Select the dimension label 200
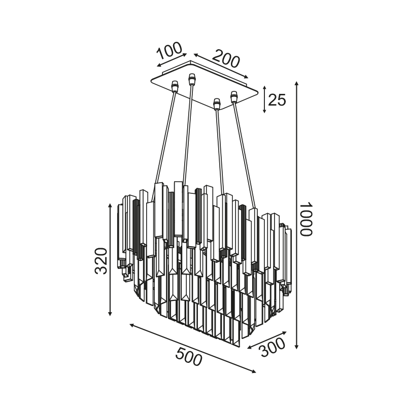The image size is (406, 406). click(226, 59)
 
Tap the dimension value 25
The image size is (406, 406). click(277, 100)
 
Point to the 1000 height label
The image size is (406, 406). click(307, 219)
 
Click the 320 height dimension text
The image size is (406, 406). click(100, 261)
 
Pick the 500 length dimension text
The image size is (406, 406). click(188, 357)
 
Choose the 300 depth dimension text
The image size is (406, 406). click(273, 348)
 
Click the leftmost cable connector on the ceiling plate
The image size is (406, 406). click(175, 86)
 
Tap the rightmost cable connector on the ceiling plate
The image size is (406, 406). click(234, 96)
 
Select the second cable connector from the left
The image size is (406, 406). click(192, 79)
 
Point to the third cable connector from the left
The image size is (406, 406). click(217, 104)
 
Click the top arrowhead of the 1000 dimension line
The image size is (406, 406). click(297, 84)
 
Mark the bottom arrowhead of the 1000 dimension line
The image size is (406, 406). click(297, 347)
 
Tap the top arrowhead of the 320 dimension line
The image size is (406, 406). click(110, 206)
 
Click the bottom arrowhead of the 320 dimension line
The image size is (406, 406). click(110, 313)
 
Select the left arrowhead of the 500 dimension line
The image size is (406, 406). click(132, 325)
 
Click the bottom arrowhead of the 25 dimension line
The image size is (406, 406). click(264, 111)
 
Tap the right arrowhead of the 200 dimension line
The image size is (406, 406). click(246, 77)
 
